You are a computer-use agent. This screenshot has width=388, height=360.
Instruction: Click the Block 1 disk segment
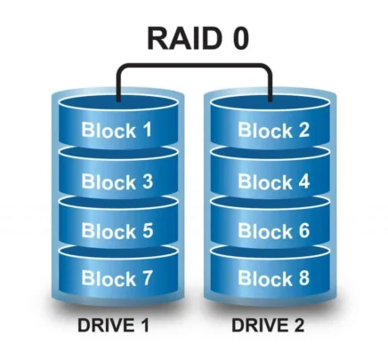click(117, 131)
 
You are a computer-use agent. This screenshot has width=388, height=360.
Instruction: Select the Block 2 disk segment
click(272, 131)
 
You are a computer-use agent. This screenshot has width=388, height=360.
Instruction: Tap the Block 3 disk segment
click(117, 181)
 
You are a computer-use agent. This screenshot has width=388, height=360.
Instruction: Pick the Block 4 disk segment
click(272, 181)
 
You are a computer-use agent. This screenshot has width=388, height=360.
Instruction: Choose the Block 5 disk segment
click(117, 230)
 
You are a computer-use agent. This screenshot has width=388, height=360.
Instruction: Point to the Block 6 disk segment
click(272, 230)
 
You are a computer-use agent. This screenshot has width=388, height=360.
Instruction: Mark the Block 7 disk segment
click(117, 279)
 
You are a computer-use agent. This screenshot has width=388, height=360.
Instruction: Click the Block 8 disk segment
click(272, 279)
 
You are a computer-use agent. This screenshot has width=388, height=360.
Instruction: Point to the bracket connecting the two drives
click(195, 66)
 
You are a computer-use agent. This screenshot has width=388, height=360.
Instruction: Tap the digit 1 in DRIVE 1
click(143, 326)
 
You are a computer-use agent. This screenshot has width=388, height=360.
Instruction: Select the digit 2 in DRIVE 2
click(300, 326)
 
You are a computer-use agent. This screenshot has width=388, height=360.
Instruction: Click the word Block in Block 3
click(108, 181)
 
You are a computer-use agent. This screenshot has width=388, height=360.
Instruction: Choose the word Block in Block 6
click(263, 230)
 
